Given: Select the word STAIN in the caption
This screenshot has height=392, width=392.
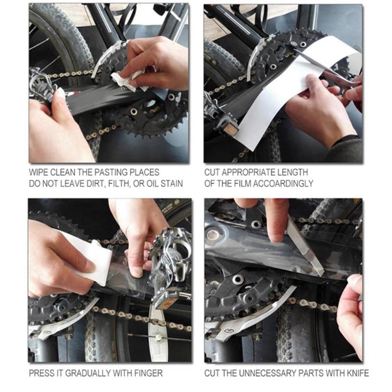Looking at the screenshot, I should tap(170, 183).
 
